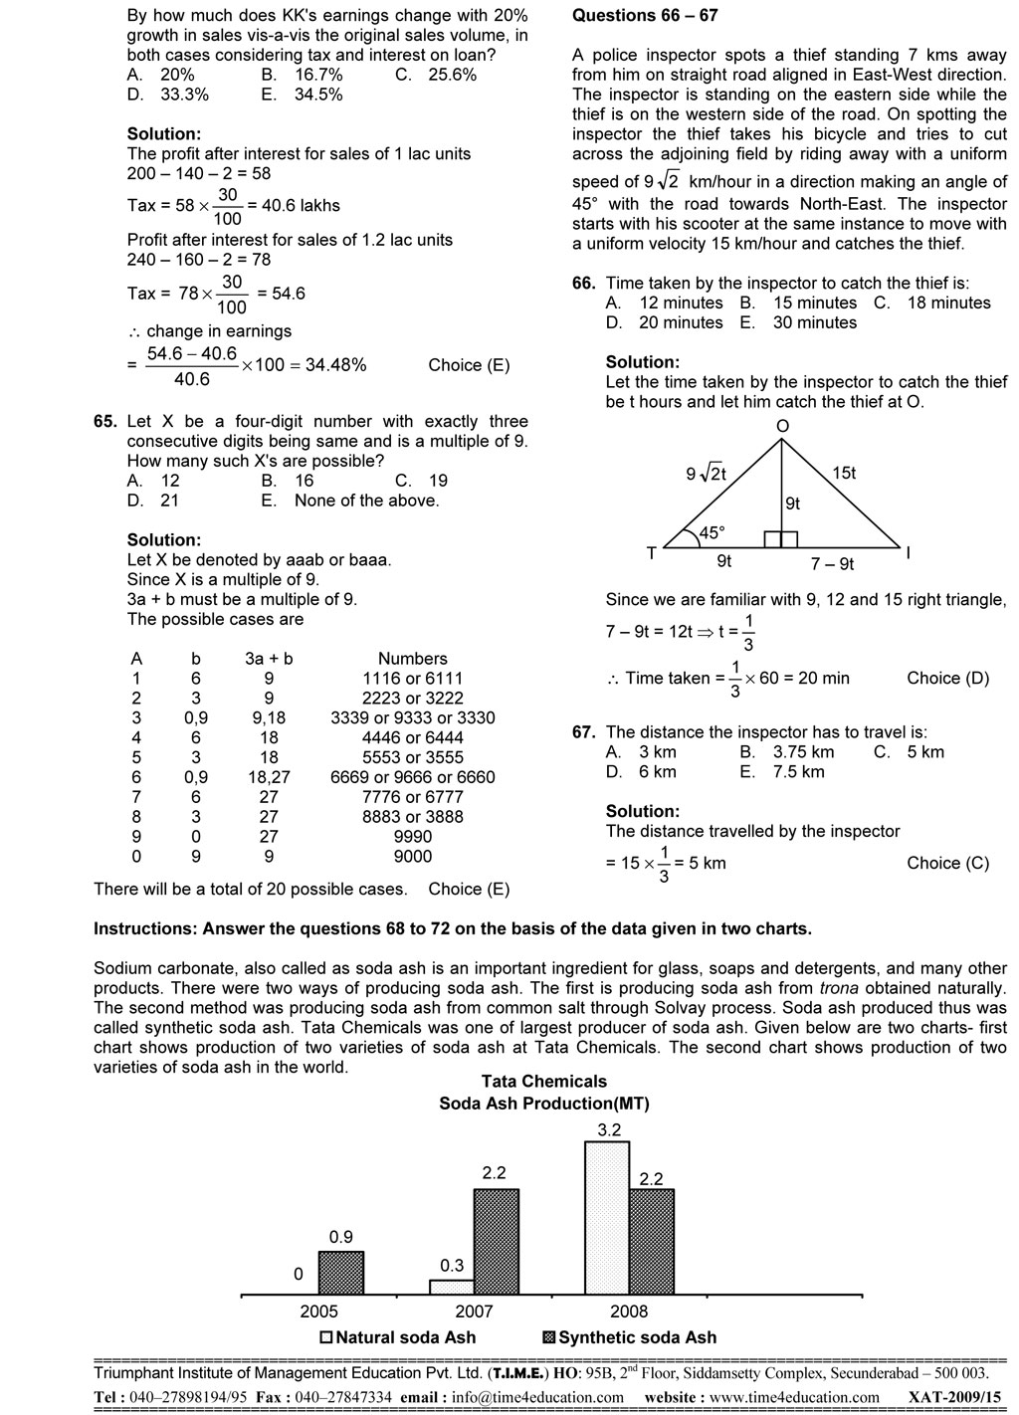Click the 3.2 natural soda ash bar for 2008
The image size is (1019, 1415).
pos(606,1217)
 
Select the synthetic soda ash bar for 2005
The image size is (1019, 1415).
pos(340,1273)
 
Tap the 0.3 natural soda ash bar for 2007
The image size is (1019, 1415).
pos(452,1287)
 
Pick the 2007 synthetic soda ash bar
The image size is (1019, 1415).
pos(496,1242)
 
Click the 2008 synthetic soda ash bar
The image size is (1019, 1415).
pos(651,1242)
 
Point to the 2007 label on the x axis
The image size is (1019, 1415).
pos(474,1312)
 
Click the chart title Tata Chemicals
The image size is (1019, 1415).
pos(543,1082)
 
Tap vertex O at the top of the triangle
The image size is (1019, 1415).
pos(782,426)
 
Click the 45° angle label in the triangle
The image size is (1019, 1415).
pos(712,532)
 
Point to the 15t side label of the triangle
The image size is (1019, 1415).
pos(843,473)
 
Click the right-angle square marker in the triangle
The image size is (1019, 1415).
pos(781,539)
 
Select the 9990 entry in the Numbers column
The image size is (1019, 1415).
pos(412,837)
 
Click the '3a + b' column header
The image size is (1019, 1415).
pos(269,659)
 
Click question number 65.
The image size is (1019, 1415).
pos(105,422)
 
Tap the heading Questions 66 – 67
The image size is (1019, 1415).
pos(644,16)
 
